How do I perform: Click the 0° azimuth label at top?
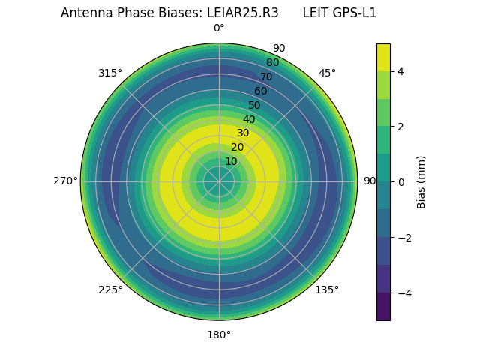click(x=219, y=28)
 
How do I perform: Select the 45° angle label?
click(x=327, y=73)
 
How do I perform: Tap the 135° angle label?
click(x=327, y=289)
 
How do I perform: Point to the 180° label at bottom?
click(x=219, y=334)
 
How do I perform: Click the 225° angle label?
click(x=110, y=289)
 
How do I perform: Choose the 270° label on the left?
click(x=65, y=181)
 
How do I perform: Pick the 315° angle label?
click(x=110, y=73)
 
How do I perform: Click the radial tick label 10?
click(x=231, y=161)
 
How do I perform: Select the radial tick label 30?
click(x=243, y=133)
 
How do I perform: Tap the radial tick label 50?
click(x=255, y=106)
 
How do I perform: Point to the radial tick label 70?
click(x=266, y=77)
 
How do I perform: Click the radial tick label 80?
click(x=272, y=63)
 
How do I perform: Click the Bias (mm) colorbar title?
click(x=421, y=181)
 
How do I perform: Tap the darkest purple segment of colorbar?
click(x=383, y=306)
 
